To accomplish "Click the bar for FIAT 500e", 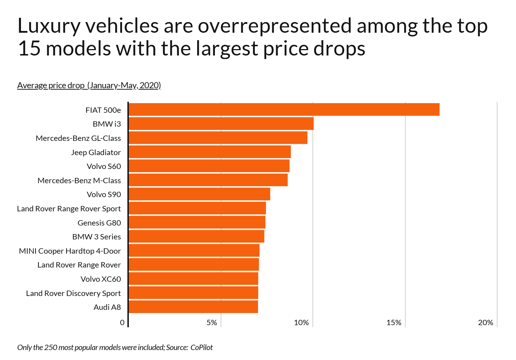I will click(284, 110).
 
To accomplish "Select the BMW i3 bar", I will click(221, 124).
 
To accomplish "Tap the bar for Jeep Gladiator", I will click(209, 152).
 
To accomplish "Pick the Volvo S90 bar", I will click(199, 194).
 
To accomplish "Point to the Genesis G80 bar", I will click(196, 222).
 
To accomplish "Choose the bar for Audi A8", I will click(193, 307).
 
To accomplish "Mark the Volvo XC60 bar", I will click(193, 279).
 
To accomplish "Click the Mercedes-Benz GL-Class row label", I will click(78, 138).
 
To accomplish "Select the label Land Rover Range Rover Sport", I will click(69, 208).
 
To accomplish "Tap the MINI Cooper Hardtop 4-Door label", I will click(70, 251).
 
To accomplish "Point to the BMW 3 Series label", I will click(96, 237).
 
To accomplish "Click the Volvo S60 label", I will click(104, 166).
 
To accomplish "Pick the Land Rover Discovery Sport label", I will click(73, 293).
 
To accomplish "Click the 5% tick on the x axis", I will click(212, 323).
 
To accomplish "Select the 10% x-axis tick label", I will click(301, 323).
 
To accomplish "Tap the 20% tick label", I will click(485, 323).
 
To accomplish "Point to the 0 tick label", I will click(122, 323).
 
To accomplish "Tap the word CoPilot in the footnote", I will click(201, 348).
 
